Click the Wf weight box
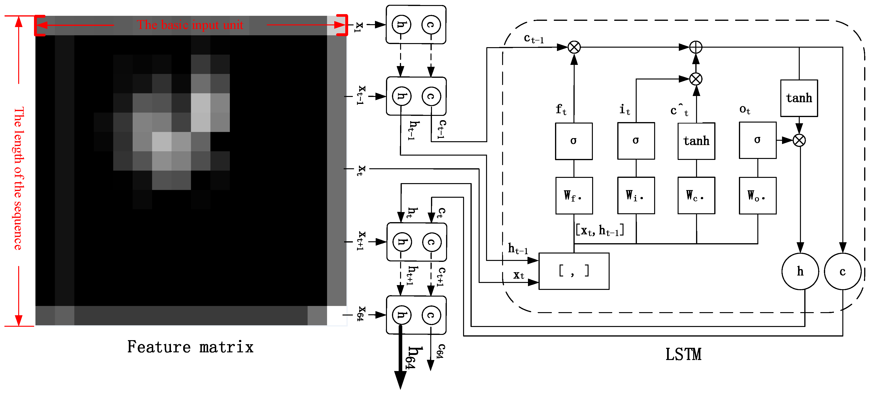(x=574, y=196)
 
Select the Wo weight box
(x=757, y=196)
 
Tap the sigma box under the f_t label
(x=574, y=141)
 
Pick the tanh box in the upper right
(x=799, y=98)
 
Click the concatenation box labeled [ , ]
(x=574, y=271)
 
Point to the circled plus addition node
(x=696, y=47)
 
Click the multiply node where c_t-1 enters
(x=574, y=47)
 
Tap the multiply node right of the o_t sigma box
(x=799, y=140)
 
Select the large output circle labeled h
(x=800, y=271)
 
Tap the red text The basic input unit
(x=190, y=25)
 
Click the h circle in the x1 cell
(x=401, y=24)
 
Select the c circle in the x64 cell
(x=431, y=315)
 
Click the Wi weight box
(x=636, y=196)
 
